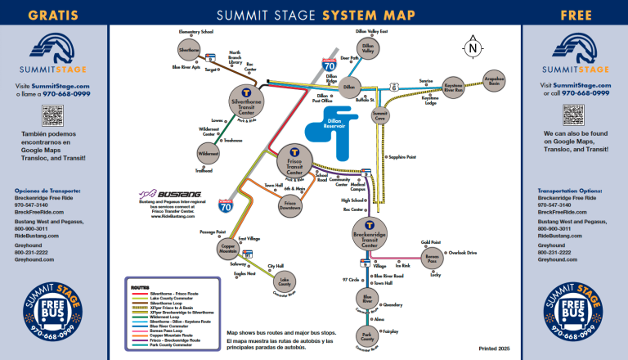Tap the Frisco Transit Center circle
294,160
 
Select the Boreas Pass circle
432,259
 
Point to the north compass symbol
473,47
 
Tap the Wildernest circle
209,153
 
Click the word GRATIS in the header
54,14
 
